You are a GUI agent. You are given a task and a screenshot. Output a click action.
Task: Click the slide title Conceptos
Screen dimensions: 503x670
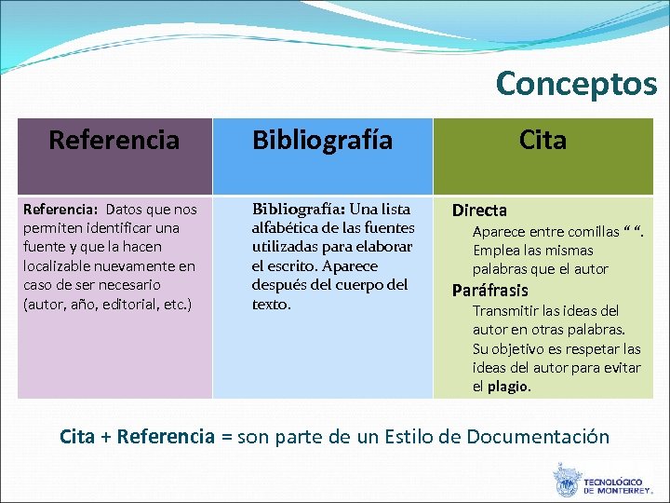point(576,84)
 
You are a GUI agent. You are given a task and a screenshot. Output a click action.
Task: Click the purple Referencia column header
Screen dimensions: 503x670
point(114,141)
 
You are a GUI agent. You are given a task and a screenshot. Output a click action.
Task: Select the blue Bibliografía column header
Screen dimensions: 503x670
point(323,141)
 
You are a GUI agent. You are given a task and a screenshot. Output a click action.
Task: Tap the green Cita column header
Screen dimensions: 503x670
point(543,141)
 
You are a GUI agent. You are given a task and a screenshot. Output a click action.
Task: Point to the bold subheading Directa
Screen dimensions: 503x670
point(479,211)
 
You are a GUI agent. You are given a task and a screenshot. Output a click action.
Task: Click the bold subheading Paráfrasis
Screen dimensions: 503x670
point(489,290)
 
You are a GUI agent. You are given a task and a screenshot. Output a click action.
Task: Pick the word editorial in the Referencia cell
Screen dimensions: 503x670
point(126,304)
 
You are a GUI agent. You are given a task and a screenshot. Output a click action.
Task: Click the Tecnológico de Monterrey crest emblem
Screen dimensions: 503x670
point(566,481)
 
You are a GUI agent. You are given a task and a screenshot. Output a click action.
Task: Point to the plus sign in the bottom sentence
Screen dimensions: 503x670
point(106,437)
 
